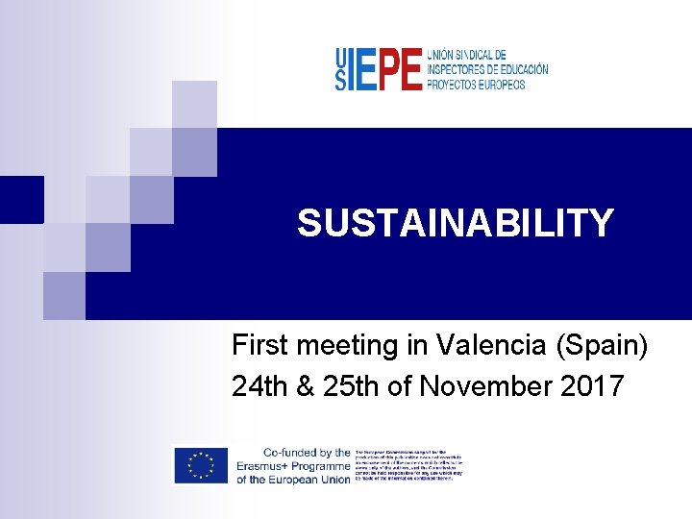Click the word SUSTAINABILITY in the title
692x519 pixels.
click(455, 223)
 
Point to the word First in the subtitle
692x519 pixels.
click(260, 344)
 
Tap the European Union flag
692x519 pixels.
click(200, 465)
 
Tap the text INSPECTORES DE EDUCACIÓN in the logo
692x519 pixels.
click(487, 70)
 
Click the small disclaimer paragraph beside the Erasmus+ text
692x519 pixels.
click(408, 465)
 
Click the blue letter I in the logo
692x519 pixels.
click(352, 70)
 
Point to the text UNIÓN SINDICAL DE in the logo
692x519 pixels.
click(466, 56)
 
